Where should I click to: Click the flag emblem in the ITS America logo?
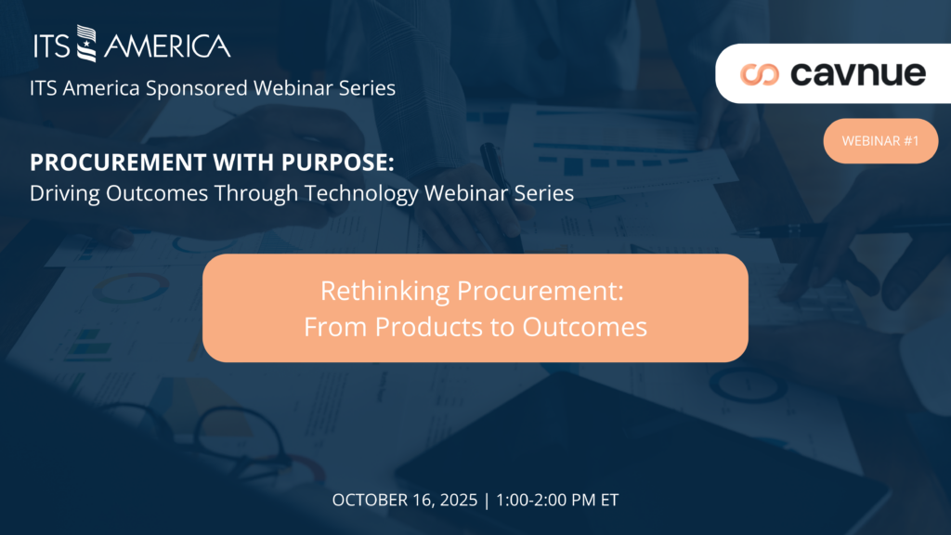86,43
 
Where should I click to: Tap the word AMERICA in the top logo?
167,46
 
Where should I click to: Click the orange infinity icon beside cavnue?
760,74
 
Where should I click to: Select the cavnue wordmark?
858,73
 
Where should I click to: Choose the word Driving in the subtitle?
65,193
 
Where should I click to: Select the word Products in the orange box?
429,327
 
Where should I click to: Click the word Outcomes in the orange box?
585,327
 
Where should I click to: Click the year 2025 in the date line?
459,500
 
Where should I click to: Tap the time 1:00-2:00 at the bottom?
531,500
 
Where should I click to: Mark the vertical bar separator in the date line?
487,501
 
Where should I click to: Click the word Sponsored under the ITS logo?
197,88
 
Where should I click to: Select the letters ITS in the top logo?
52,46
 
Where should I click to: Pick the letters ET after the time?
609,500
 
